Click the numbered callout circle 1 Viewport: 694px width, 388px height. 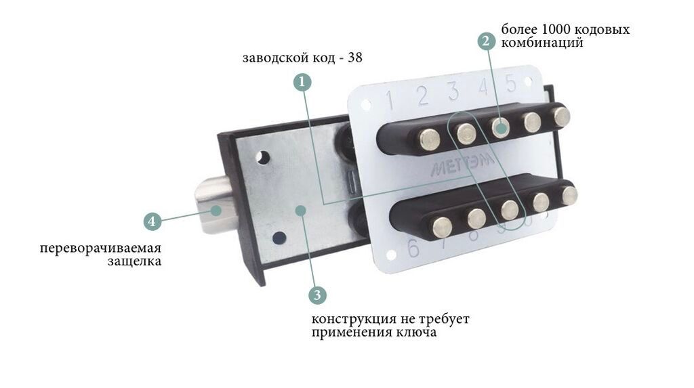pos(302,83)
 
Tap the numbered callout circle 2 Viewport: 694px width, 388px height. pos(486,41)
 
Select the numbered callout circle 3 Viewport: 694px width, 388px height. pos(317,295)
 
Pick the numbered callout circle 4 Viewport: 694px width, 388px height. pos(152,221)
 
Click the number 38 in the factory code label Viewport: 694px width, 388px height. pos(355,58)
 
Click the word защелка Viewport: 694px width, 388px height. pos(135,261)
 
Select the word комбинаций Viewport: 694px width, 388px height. pos(542,43)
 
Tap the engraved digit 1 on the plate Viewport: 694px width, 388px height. pos(390,100)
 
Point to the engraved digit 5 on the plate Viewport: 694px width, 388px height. pos(511,83)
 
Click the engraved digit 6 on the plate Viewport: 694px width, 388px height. pos(413,249)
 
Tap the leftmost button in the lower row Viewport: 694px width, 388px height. pos(442,227)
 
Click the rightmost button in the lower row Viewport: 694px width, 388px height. pos(569,196)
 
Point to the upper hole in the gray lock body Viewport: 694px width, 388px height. pos(263,157)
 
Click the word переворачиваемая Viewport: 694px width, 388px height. pos(100,249)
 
